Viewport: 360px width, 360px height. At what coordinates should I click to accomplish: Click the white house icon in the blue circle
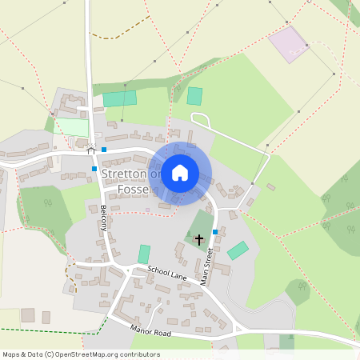180,172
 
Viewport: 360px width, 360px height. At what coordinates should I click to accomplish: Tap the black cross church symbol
198,238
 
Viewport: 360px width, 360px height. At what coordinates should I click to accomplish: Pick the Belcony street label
104,217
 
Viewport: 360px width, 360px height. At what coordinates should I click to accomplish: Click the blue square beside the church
214,232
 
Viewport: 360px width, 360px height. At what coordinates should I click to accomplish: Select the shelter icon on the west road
91,149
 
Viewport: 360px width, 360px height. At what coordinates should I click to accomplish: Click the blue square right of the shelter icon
104,150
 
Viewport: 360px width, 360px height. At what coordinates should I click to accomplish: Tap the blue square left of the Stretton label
94,169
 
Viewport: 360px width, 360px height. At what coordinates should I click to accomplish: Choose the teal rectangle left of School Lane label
144,254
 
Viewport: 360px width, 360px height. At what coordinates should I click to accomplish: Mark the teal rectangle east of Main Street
238,250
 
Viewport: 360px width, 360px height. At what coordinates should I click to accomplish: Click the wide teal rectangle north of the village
120,98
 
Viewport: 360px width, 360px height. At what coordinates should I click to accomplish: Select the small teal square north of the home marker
194,96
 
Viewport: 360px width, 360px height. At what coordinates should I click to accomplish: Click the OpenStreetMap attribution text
81,354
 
